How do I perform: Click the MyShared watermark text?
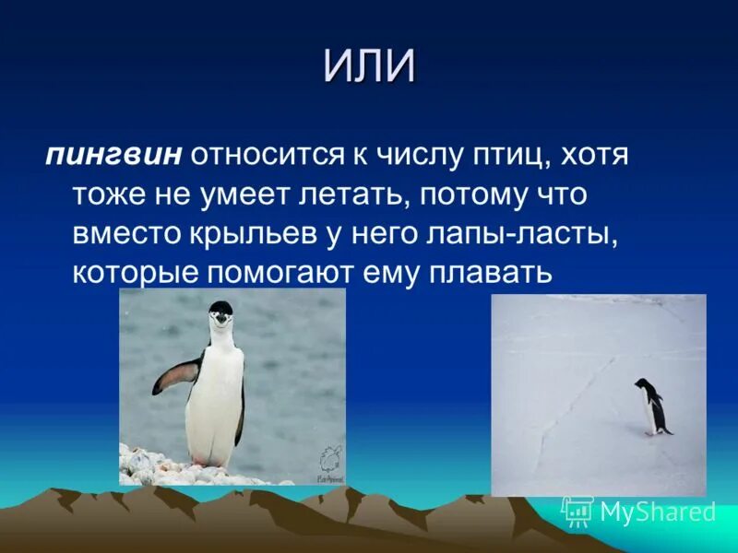click(658, 512)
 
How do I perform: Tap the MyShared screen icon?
click(578, 512)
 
